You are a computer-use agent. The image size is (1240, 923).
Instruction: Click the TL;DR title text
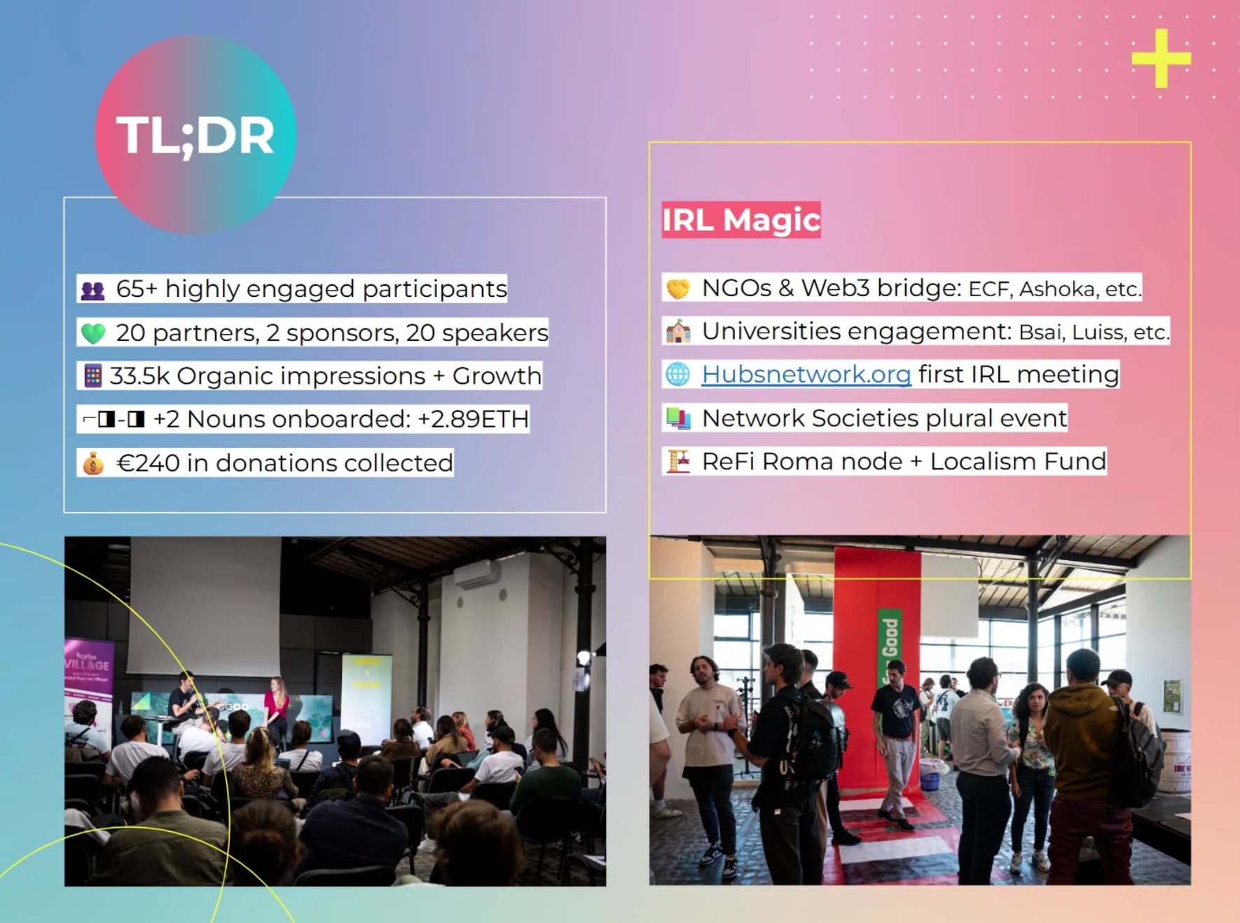[x=195, y=136]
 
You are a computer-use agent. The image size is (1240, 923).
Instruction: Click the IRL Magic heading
[x=741, y=220]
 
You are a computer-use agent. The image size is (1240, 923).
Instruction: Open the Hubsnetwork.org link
[x=806, y=375]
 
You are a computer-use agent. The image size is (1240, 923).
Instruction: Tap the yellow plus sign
[x=1161, y=58]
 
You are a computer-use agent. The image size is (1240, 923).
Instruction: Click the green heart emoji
[x=93, y=333]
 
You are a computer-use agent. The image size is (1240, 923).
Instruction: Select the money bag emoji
[x=93, y=464]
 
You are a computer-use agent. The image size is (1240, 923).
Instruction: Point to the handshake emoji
[x=677, y=289]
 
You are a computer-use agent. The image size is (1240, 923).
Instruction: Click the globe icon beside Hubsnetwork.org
[x=677, y=375]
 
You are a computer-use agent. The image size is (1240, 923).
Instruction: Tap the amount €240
[x=148, y=463]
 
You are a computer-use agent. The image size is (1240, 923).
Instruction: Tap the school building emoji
[x=677, y=331]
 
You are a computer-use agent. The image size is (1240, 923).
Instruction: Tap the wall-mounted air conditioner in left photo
[x=476, y=576]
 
